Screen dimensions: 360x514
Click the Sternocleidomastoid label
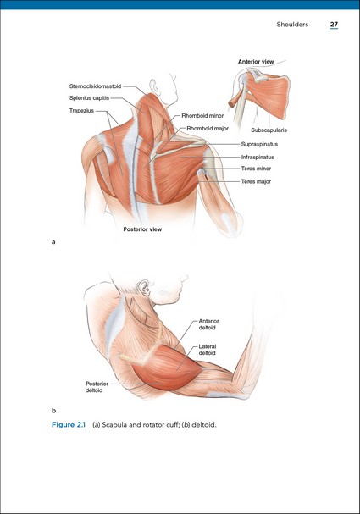click(x=95, y=86)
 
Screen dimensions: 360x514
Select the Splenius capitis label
click(x=89, y=98)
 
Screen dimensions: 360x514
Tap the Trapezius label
click(x=81, y=111)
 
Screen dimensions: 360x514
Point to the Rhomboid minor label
click(x=202, y=116)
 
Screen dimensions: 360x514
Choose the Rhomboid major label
click(x=208, y=129)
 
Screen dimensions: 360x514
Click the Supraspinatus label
click(x=259, y=144)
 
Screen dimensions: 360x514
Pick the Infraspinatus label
click(x=258, y=157)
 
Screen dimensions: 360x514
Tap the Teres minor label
click(x=256, y=169)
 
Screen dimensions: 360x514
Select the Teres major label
click(x=256, y=181)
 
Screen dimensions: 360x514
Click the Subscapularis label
click(x=269, y=130)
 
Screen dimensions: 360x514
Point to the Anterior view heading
click(x=256, y=62)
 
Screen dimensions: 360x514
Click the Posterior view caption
click(x=142, y=229)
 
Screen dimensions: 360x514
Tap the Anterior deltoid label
click(x=209, y=324)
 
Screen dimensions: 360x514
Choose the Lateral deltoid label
click(x=208, y=350)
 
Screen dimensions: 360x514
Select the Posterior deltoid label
click(x=97, y=387)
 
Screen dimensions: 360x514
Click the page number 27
click(x=334, y=25)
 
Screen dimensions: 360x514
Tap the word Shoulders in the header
click(x=292, y=25)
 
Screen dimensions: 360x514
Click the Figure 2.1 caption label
click(x=69, y=425)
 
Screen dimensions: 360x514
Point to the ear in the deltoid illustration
click(x=144, y=288)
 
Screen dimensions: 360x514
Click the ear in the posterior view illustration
click(x=152, y=86)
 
